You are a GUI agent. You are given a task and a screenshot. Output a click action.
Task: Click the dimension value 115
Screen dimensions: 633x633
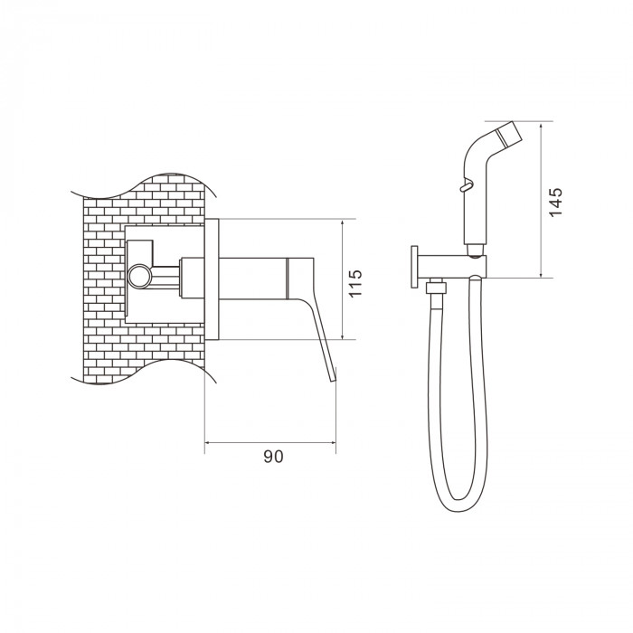[355, 283]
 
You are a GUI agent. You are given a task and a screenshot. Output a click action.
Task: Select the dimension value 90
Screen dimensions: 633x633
[273, 457]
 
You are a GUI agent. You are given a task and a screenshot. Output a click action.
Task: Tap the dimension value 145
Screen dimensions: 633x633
[555, 202]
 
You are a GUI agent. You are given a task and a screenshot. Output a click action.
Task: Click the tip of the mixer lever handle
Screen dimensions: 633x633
[334, 380]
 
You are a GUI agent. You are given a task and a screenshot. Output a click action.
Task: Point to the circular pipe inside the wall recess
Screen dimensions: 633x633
[138, 277]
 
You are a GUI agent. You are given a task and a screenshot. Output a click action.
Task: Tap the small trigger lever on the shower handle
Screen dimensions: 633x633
[465, 186]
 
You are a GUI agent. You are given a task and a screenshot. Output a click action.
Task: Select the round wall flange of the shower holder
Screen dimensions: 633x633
[414, 267]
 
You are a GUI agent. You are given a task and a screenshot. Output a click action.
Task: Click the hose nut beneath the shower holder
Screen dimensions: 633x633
[437, 288]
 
